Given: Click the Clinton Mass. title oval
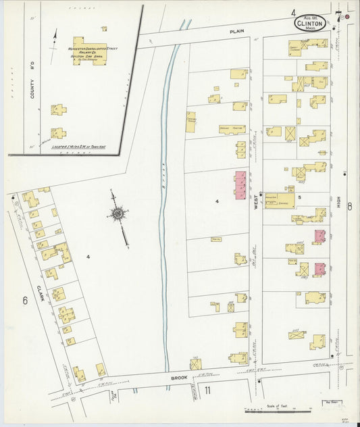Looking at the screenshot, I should tap(310, 23).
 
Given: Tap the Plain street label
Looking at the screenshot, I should tap(236, 31).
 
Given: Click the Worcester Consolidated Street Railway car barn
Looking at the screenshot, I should tap(89, 51).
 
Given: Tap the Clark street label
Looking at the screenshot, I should tap(40, 293).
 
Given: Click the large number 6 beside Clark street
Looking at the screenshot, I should tap(25, 301).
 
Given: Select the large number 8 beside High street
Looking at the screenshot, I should tap(350, 207).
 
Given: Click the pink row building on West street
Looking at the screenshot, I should tap(240, 184).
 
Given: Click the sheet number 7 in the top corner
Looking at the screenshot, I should tap(337, 11).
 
